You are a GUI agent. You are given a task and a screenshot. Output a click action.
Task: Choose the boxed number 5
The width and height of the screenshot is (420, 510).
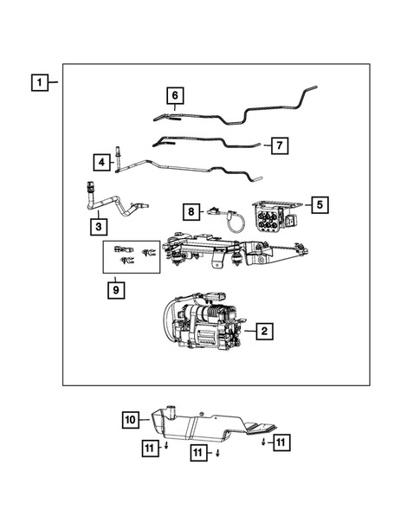coord(320,204)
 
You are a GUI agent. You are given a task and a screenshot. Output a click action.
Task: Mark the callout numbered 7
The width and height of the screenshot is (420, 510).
coord(279,145)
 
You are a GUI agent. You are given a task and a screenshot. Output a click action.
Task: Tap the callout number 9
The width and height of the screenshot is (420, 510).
coord(114,289)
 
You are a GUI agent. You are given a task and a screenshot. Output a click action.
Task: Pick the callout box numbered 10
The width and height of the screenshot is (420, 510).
coord(130,420)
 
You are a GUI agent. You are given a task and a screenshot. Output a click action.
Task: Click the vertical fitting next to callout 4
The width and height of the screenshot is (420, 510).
coord(119,158)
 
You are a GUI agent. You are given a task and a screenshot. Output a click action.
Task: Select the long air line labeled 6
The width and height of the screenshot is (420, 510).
coord(242,108)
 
